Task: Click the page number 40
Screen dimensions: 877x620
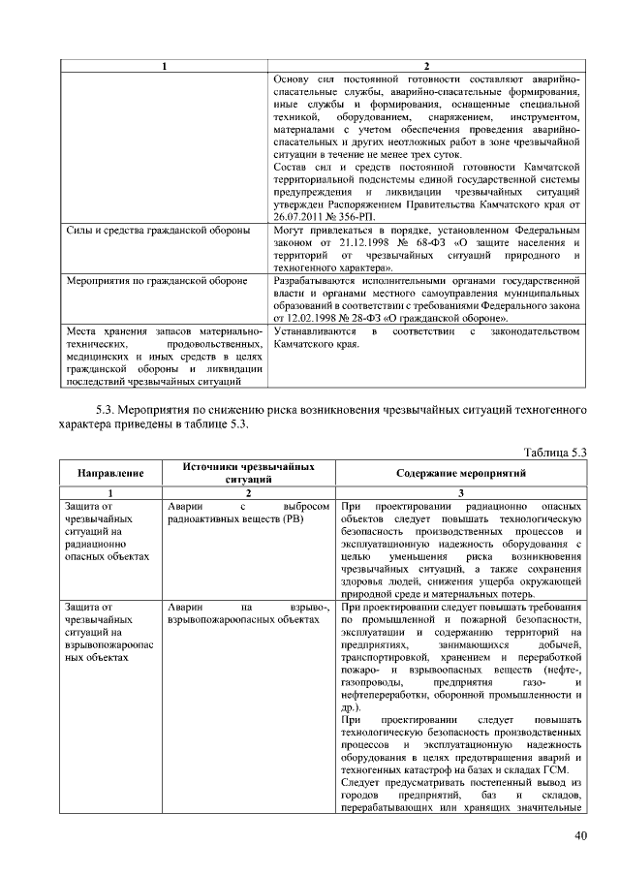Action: (x=580, y=837)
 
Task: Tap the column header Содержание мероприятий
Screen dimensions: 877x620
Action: (x=461, y=473)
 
